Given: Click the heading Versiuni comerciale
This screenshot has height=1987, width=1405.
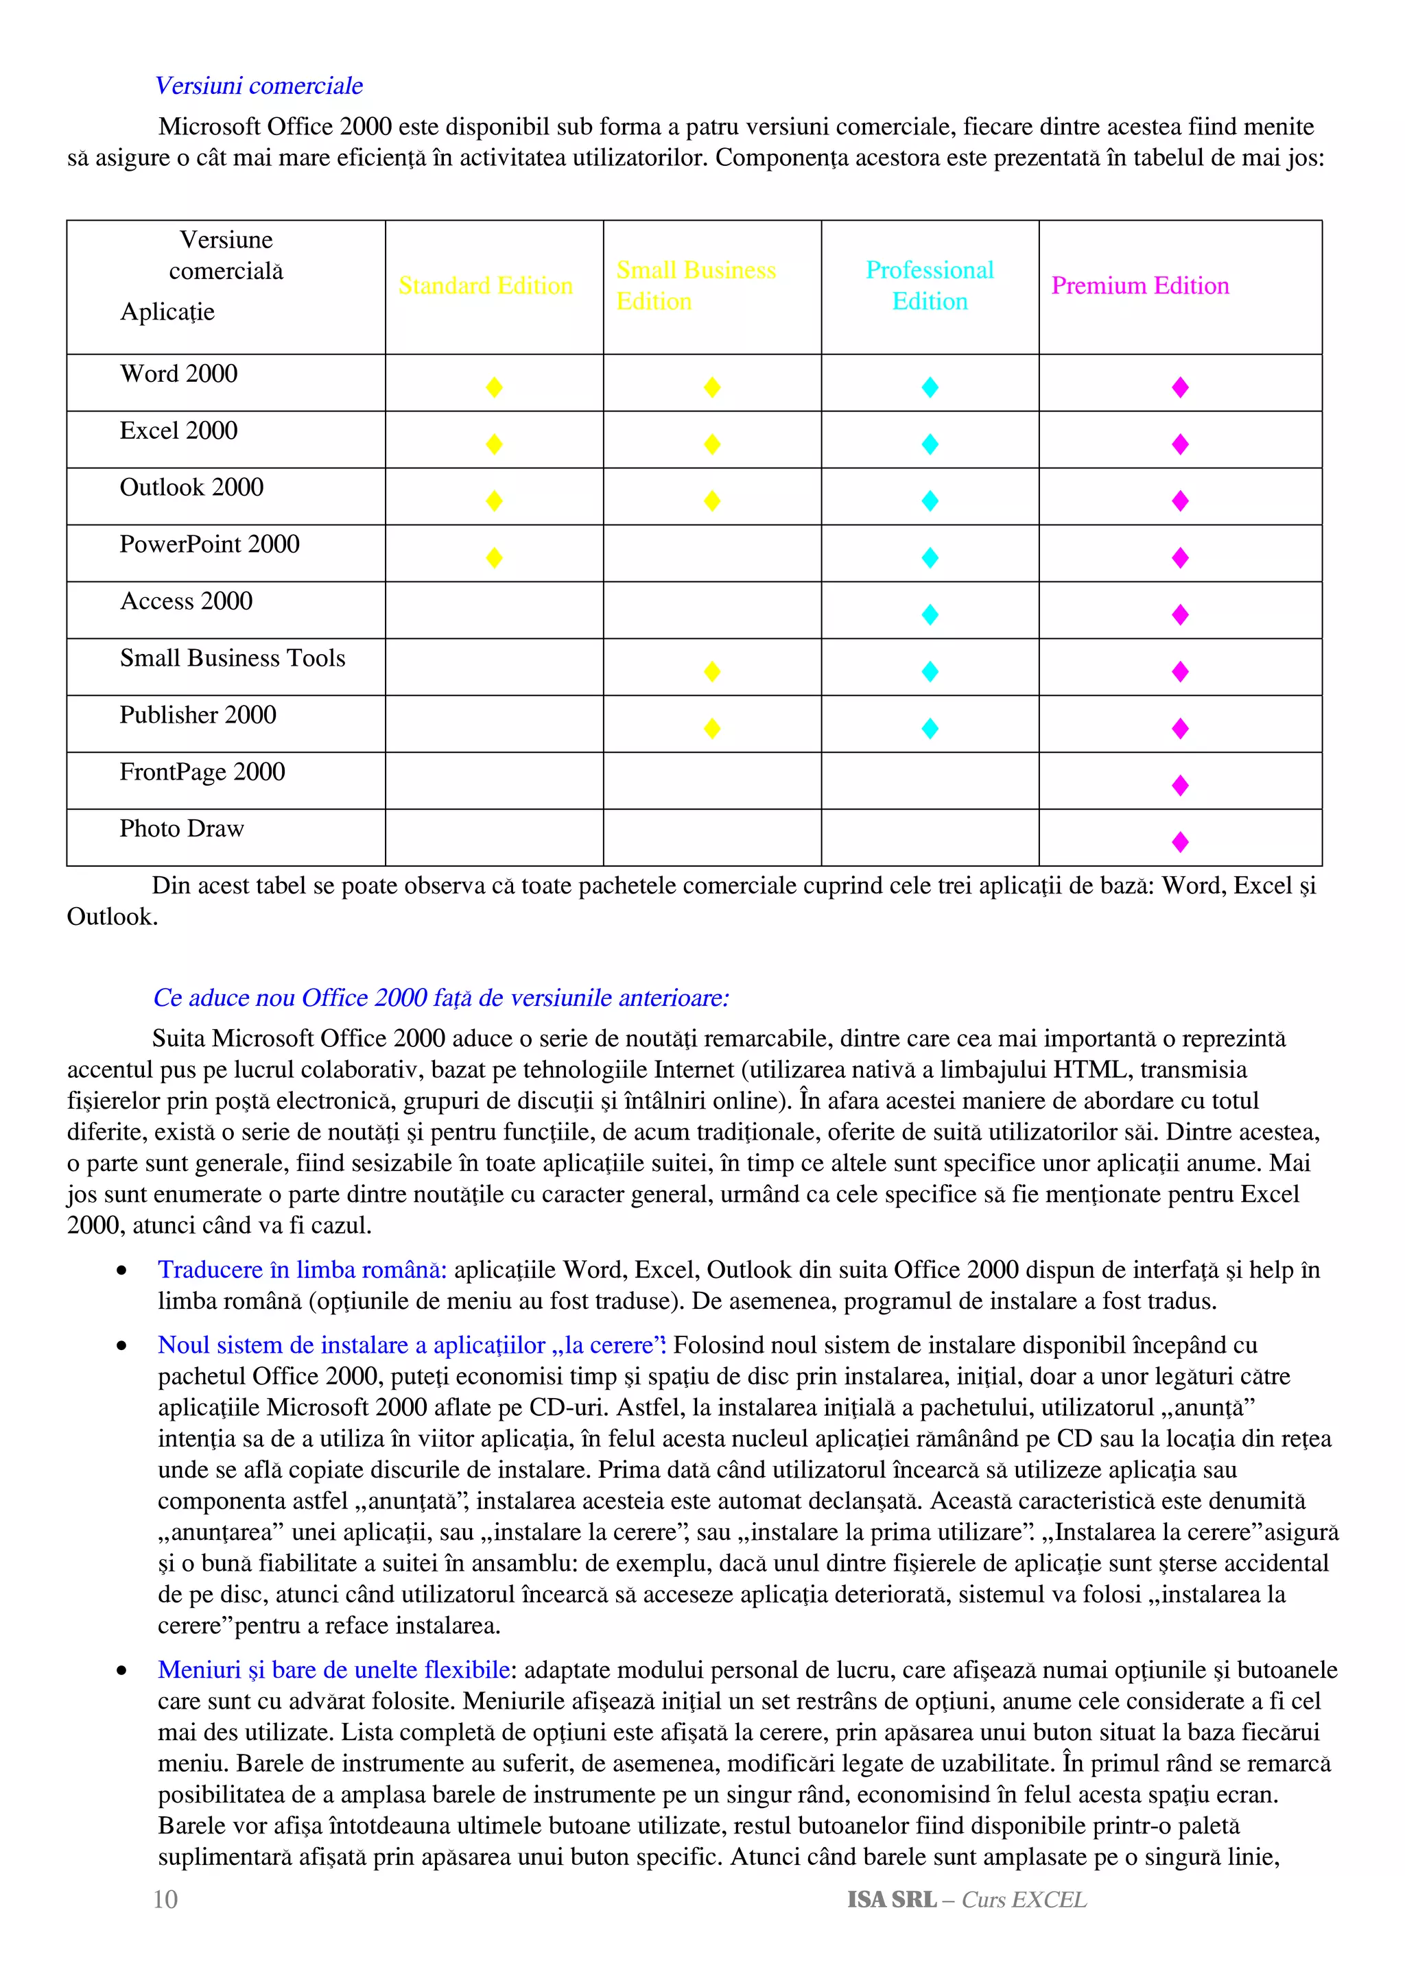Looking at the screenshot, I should click(x=259, y=86).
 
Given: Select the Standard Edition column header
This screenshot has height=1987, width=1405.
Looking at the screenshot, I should click(x=485, y=286).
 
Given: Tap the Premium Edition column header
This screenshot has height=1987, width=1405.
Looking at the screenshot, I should click(x=1140, y=286).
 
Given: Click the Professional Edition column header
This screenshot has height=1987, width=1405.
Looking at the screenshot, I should click(x=929, y=286).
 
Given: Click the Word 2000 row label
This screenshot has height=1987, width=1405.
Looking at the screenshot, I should click(x=178, y=374).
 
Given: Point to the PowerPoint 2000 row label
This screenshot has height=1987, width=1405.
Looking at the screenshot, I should click(x=209, y=544).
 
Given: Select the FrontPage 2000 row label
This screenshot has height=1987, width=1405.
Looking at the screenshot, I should click(x=202, y=772).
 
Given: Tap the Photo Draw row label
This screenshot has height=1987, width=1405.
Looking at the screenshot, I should click(x=182, y=829).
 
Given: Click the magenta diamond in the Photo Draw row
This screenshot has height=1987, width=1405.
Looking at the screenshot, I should click(x=1179, y=842).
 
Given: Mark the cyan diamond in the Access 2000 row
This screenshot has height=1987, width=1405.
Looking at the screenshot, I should click(x=930, y=614).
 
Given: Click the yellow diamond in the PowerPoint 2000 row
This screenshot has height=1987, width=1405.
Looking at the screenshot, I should click(x=495, y=557).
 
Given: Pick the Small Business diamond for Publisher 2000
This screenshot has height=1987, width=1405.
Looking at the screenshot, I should click(x=711, y=729).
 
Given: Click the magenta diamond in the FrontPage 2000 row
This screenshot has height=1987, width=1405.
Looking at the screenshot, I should click(x=1179, y=785).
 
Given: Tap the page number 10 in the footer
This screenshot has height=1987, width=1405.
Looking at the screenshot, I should click(x=165, y=1900).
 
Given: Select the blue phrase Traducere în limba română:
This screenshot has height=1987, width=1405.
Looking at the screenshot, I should click(x=302, y=1271).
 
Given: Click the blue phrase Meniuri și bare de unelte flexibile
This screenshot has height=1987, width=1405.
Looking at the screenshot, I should click(x=334, y=1670).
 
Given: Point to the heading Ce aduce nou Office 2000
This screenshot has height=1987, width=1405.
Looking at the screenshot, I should click(x=440, y=998).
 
